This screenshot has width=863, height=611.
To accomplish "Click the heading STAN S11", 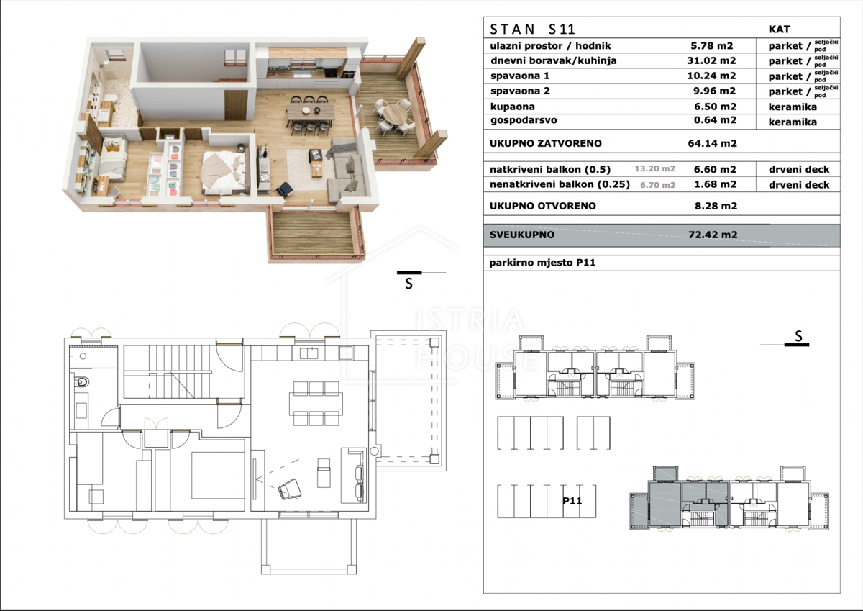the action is (x=532, y=30).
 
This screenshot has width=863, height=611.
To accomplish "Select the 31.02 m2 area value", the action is (x=711, y=60).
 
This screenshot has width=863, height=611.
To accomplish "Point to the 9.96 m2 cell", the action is (x=715, y=91).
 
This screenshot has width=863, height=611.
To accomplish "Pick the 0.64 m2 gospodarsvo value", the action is (x=715, y=120).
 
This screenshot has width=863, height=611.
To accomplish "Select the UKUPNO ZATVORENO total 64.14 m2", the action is (x=713, y=143).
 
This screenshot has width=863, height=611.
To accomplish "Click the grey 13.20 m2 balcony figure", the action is (x=654, y=169).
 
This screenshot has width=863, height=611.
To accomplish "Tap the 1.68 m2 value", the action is (x=715, y=185).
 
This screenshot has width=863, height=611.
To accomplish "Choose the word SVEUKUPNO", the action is (x=521, y=235).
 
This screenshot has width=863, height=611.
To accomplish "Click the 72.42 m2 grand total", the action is (x=713, y=235).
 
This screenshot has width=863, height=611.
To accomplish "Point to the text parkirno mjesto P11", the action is (x=542, y=263).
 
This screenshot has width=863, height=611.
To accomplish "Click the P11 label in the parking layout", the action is (x=572, y=501).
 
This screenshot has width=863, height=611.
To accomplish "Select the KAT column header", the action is (x=779, y=30).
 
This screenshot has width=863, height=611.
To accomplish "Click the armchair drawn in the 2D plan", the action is (x=290, y=489).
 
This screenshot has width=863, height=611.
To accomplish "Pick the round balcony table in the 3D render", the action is (x=395, y=114).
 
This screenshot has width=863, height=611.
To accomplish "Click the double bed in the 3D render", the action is (x=224, y=172).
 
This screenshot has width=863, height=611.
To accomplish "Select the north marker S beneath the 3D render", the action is (x=408, y=284).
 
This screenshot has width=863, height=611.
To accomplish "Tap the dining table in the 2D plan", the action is (x=316, y=404).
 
